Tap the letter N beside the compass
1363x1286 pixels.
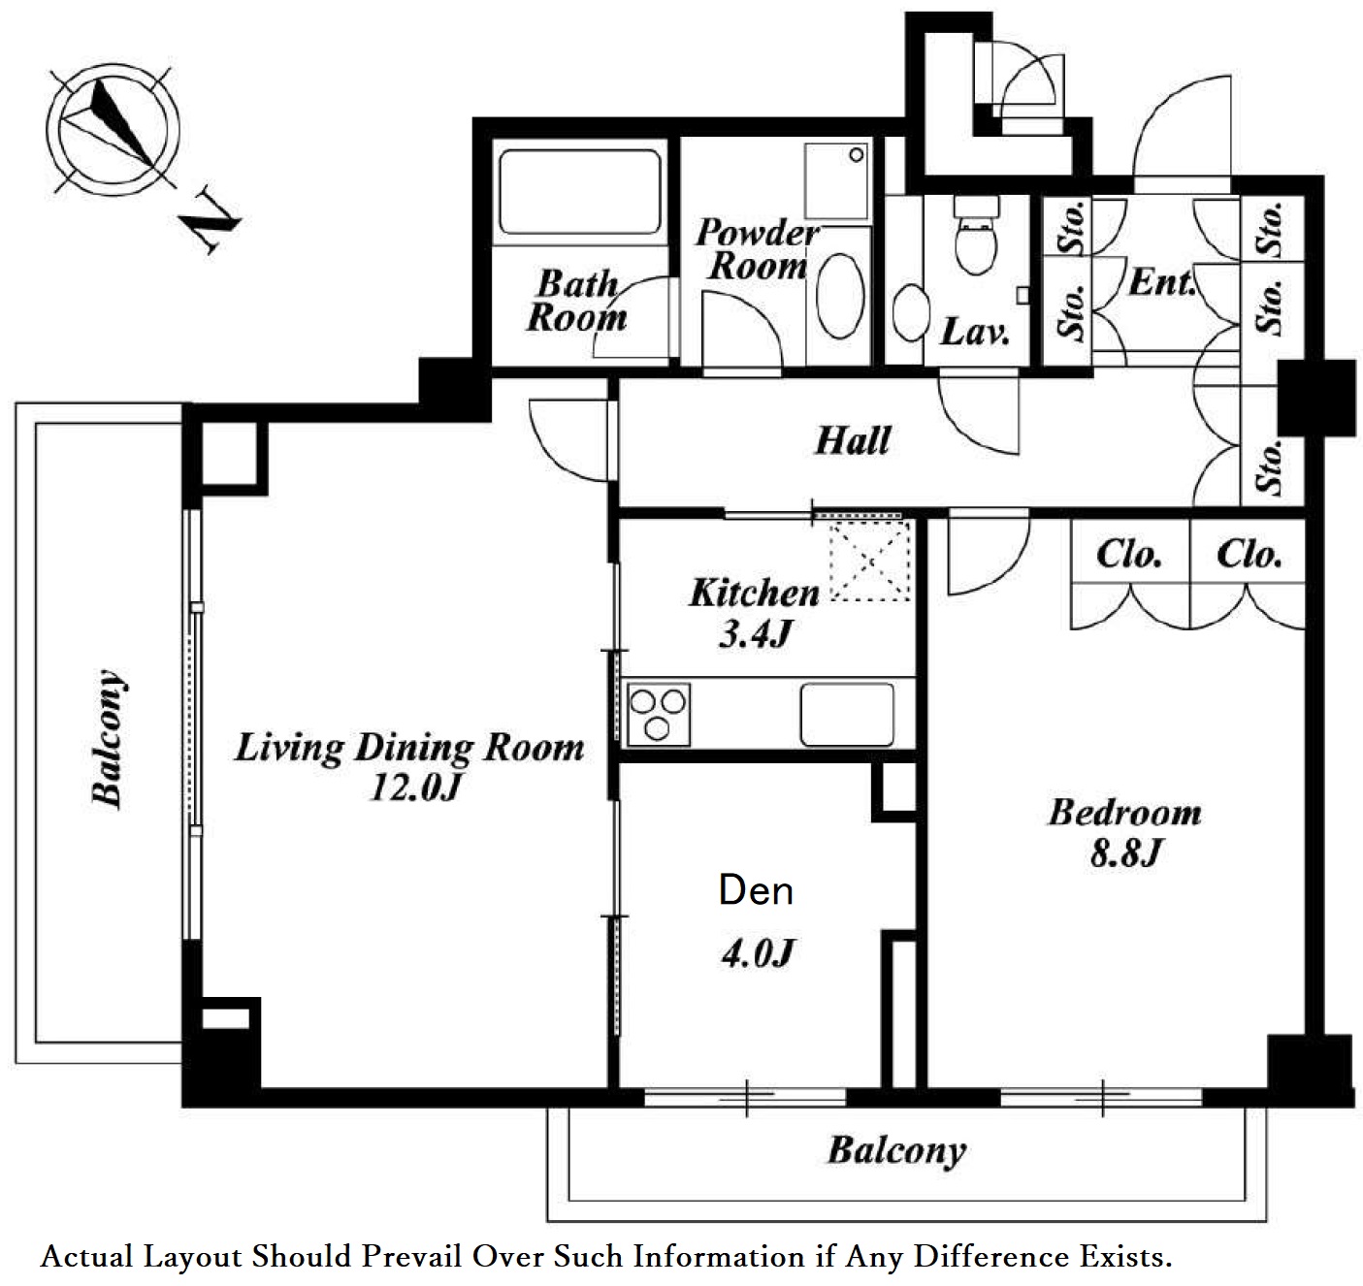210,221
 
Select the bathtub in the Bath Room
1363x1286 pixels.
580,193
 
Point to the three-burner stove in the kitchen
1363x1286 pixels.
658,715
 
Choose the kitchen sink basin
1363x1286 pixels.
848,715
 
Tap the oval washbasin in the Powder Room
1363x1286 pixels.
840,295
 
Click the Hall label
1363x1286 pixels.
853,440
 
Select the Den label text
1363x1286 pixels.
756,890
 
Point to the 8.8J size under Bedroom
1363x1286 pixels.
1124,853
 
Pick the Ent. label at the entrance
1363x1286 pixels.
1162,282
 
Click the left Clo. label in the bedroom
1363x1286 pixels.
1129,554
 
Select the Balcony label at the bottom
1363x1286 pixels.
897,1151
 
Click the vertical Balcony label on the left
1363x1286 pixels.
109,738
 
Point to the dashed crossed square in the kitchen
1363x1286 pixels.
870,562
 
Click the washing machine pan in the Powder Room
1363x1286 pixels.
836,181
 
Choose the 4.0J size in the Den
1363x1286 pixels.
757,952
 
